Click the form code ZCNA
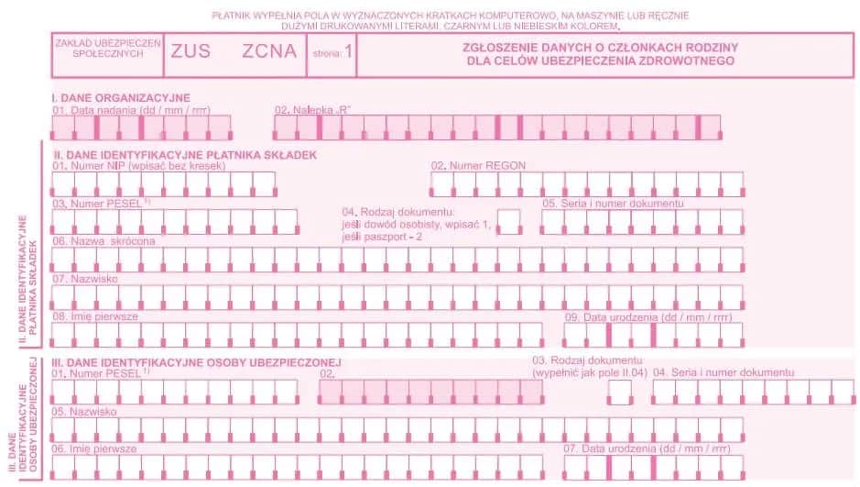point(269,51)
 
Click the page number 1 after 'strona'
point(348,52)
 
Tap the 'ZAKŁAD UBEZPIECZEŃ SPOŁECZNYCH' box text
point(108,49)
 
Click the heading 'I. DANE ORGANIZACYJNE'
point(120,97)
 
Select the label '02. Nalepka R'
point(313,110)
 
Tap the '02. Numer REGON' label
point(478,166)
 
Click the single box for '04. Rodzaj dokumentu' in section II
point(508,218)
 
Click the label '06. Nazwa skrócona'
point(103,241)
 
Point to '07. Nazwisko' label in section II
point(85,278)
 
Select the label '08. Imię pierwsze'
point(95,315)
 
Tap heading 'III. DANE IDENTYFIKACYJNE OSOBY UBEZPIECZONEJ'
point(197,362)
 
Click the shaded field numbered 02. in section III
point(430,392)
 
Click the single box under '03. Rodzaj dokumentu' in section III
point(620,392)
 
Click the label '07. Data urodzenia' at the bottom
point(647,449)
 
